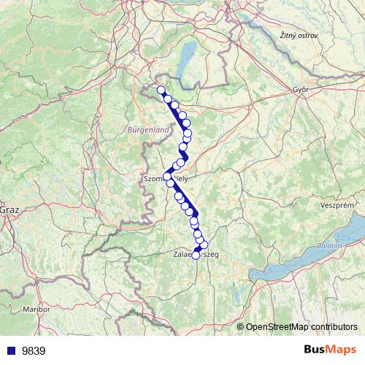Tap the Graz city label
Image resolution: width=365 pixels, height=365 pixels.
(9, 210)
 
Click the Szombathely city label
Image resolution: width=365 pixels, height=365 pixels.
(166, 177)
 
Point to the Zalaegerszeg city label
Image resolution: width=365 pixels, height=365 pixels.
(196, 255)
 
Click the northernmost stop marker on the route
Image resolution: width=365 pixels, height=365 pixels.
(161, 90)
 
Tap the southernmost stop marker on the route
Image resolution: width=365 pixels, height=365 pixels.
(196, 255)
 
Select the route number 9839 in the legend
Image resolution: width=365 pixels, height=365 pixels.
(34, 350)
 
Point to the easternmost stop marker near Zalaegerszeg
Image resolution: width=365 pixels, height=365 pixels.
(204, 245)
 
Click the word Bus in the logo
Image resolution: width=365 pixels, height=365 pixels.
(315, 350)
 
